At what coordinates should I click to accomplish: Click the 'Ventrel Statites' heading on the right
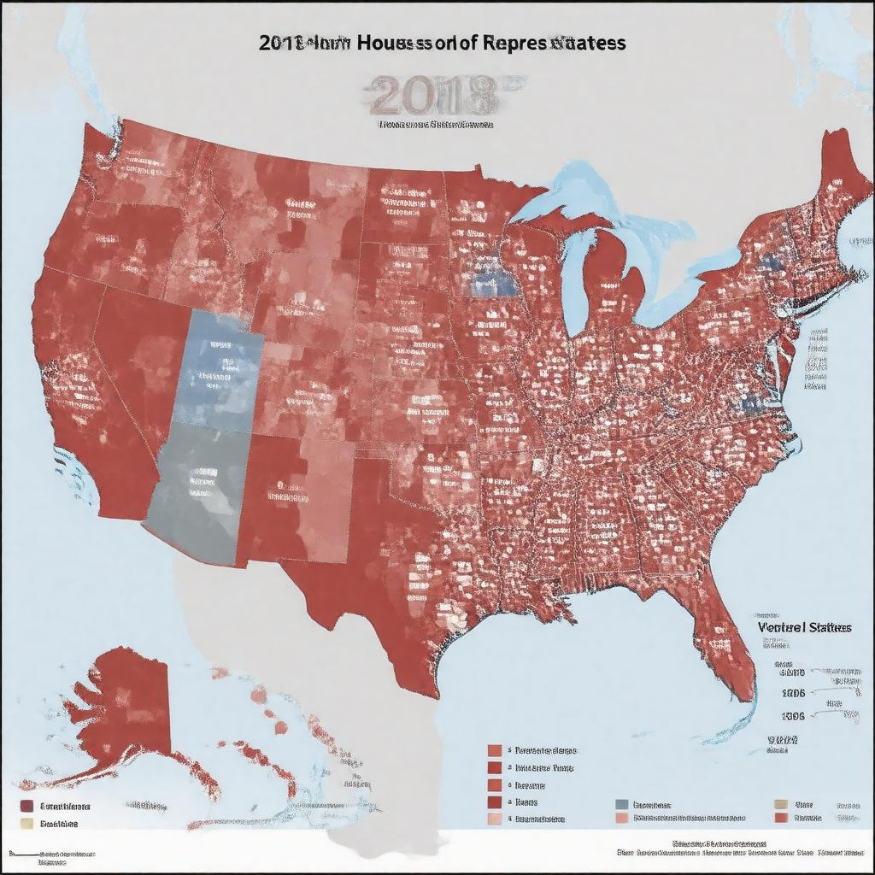[803, 626]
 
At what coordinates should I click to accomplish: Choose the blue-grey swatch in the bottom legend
[621, 804]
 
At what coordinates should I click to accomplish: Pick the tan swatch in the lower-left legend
[26, 824]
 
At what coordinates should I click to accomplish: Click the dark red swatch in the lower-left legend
[26, 806]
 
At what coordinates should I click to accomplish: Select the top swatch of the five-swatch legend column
[494, 750]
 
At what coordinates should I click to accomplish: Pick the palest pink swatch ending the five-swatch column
[494, 819]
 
